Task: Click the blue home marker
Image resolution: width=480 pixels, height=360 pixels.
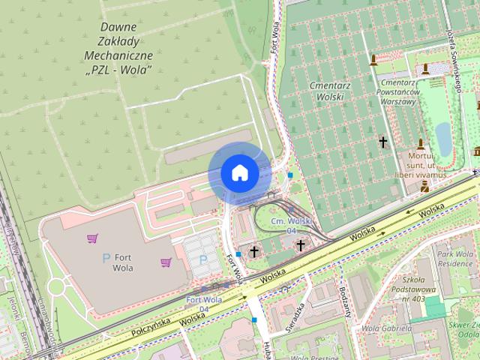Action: [x=239, y=173]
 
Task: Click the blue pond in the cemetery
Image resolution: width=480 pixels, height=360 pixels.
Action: [x=444, y=138]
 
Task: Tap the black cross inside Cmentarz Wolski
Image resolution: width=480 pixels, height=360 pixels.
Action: [x=383, y=141]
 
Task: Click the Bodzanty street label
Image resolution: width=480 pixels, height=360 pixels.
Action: [x=344, y=300]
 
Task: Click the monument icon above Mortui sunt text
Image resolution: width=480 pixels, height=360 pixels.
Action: [x=421, y=144]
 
